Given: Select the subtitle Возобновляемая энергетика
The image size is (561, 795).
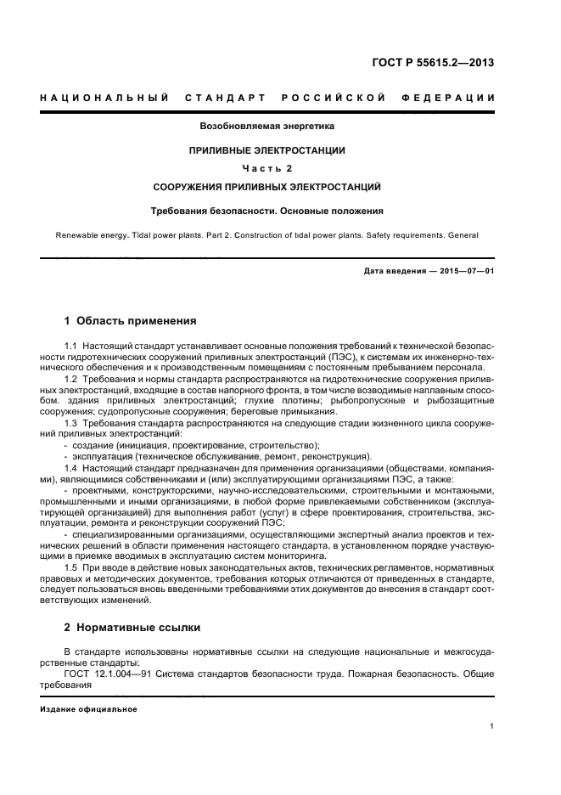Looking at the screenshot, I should pyautogui.click(x=266, y=126).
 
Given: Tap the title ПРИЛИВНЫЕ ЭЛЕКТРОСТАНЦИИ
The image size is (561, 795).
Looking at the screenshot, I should pyautogui.click(x=266, y=149).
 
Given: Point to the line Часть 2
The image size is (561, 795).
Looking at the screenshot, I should pyautogui.click(x=266, y=167).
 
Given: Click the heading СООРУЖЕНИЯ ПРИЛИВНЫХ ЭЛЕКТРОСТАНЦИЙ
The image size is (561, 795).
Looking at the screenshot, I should pyautogui.click(x=266, y=185).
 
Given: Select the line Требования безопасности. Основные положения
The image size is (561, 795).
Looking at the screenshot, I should pyautogui.click(x=266, y=210).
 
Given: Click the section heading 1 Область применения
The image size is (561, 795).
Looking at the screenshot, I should pyautogui.click(x=130, y=321).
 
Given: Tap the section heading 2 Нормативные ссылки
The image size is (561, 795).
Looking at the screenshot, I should pyautogui.click(x=132, y=628).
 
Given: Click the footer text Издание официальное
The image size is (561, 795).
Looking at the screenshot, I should pyautogui.click(x=82, y=708).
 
